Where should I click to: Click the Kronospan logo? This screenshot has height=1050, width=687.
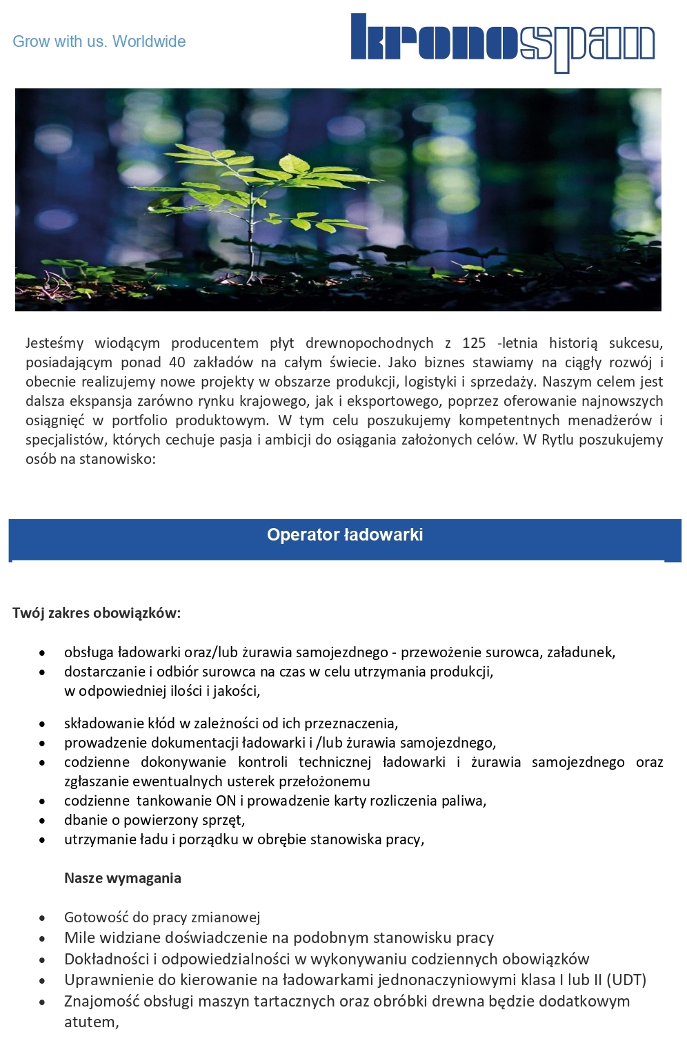click(x=503, y=42)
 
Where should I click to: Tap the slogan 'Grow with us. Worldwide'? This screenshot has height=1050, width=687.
click(x=99, y=41)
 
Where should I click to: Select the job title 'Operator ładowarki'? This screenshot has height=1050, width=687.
click(x=345, y=535)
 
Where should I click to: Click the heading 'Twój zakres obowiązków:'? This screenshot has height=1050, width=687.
click(x=97, y=613)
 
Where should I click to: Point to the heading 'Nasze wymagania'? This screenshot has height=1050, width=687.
click(x=123, y=878)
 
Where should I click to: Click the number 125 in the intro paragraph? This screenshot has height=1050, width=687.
click(x=474, y=343)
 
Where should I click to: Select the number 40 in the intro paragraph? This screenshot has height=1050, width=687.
click(x=177, y=362)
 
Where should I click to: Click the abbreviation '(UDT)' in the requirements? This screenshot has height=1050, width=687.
click(x=626, y=980)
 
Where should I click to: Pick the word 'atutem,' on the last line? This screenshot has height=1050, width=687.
click(x=91, y=1022)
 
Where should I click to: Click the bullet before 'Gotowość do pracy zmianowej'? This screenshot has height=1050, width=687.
click(x=43, y=919)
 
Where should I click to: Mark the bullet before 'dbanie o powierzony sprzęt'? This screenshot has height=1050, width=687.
click(x=43, y=821)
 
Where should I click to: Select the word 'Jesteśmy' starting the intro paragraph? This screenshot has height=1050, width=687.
click(x=55, y=343)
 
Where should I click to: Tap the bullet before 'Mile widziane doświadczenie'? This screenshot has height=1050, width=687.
click(x=43, y=940)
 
